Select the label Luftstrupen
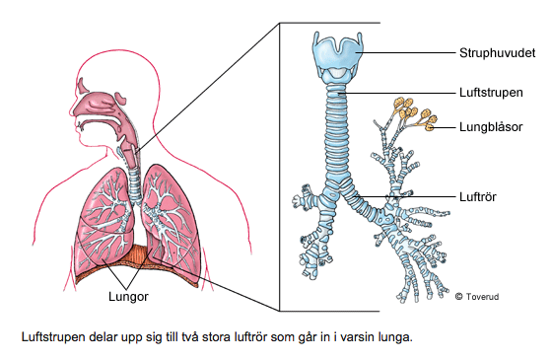point(489,91)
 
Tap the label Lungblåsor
point(491,127)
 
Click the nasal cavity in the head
point(102,99)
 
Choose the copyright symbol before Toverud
point(458,294)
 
